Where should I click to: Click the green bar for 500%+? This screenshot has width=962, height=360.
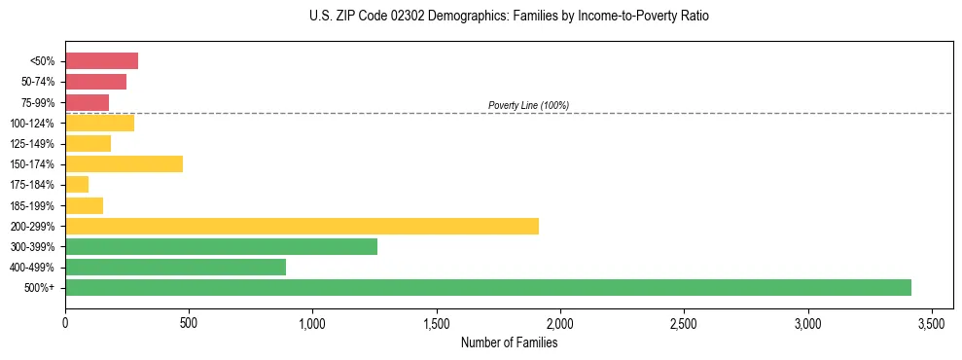point(487,287)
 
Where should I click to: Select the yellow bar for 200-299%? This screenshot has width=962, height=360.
point(302,226)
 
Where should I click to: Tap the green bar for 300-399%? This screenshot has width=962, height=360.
point(221,246)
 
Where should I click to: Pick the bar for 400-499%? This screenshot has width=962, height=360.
point(175,267)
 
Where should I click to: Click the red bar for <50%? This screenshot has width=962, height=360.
point(101,61)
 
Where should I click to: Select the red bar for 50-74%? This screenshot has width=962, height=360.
point(95,82)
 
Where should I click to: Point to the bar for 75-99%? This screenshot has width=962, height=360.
point(87,102)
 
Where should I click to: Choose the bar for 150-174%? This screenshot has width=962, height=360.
point(124,163)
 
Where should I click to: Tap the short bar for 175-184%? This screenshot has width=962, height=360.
point(77,184)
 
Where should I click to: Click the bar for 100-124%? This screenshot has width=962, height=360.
point(99,123)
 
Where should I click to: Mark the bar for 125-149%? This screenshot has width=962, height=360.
point(88,143)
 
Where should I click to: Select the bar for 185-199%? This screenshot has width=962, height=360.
point(84,205)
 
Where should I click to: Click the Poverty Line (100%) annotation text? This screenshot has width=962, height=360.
point(528,105)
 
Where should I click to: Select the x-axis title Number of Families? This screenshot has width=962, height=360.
point(509,342)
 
